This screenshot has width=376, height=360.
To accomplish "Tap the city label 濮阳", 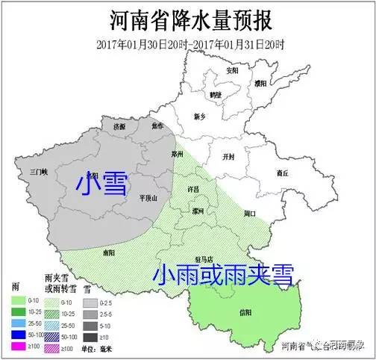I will point(260,84).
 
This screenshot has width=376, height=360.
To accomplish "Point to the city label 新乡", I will point(199,117).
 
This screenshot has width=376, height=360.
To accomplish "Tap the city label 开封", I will point(228,157).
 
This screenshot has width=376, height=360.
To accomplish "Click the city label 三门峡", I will point(39,171).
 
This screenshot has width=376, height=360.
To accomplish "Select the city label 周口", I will point(249,214).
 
